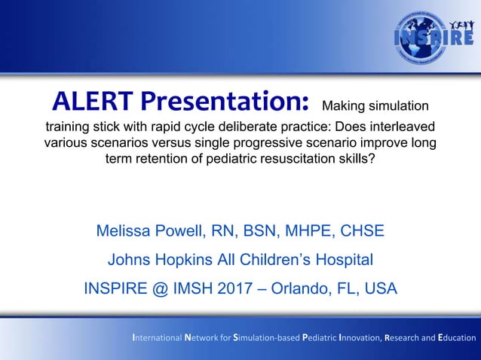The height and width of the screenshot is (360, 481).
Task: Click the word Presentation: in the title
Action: pos(224,100)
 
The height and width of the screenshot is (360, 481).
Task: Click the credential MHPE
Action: pos(307,230)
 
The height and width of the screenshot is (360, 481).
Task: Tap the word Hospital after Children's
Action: pos(341,260)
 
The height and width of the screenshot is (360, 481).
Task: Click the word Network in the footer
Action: pos(202,337)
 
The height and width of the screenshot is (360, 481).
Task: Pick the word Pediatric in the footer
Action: pos(319,337)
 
